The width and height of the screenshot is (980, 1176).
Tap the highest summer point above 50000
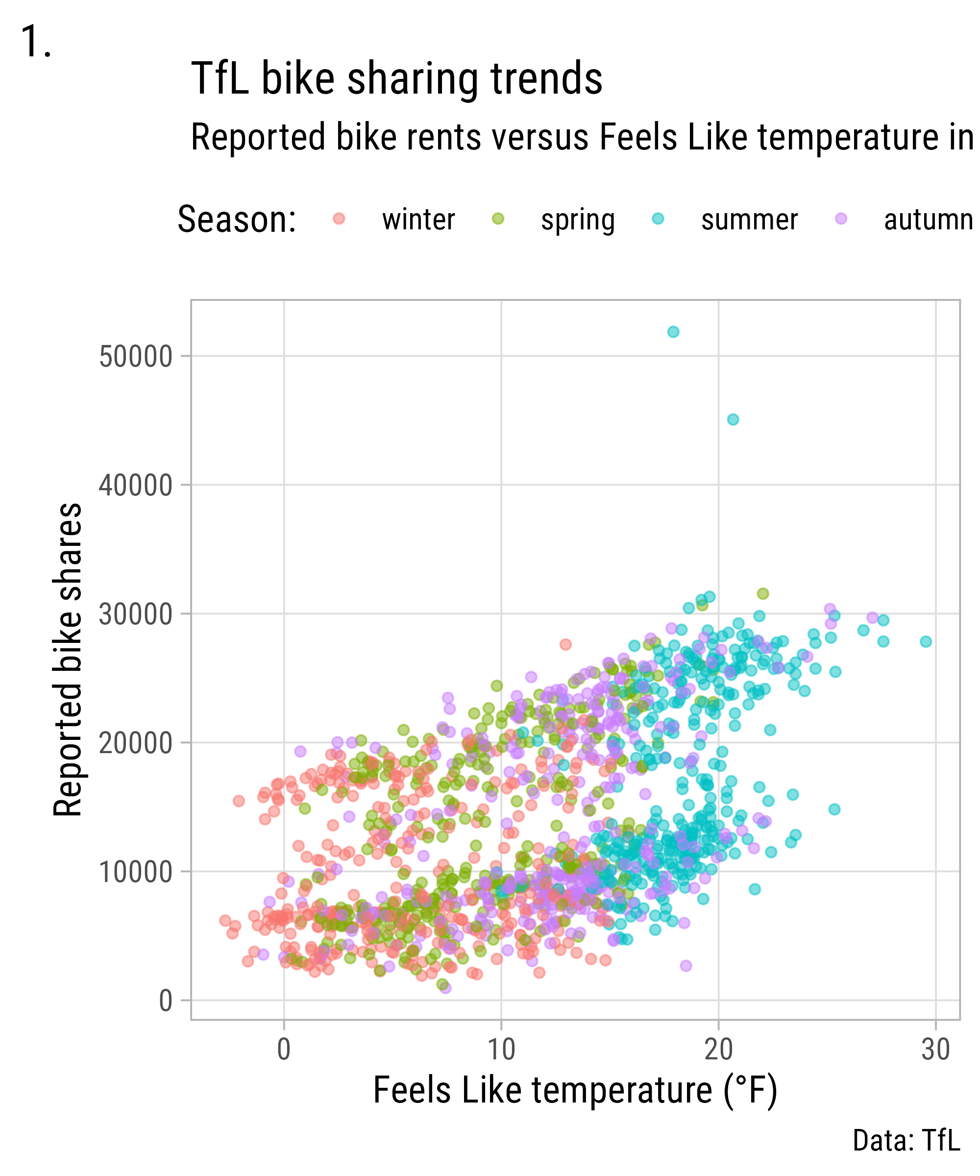[673, 332]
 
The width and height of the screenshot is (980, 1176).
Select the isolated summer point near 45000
[733, 419]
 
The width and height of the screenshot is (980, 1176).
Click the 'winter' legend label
[418, 220]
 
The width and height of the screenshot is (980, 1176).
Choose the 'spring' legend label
[577, 220]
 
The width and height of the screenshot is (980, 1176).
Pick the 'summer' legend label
[749, 220]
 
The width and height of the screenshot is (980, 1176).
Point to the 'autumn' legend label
[928, 220]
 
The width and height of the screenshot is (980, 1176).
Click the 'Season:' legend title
[237, 220]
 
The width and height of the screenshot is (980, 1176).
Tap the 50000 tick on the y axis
[136, 357]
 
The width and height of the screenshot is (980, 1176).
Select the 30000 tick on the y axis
[136, 614]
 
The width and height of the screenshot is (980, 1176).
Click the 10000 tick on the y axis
[136, 872]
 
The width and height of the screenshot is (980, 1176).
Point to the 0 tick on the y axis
[165, 1001]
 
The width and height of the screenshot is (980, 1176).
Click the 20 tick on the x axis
[718, 1050]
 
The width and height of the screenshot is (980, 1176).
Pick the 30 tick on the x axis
[936, 1050]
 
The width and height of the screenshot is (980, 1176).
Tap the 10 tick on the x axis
[501, 1050]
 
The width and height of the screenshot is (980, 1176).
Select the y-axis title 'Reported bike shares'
[68, 660]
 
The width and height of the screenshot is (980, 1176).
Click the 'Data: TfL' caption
[906, 1140]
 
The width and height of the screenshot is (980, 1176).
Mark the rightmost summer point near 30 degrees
[926, 642]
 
